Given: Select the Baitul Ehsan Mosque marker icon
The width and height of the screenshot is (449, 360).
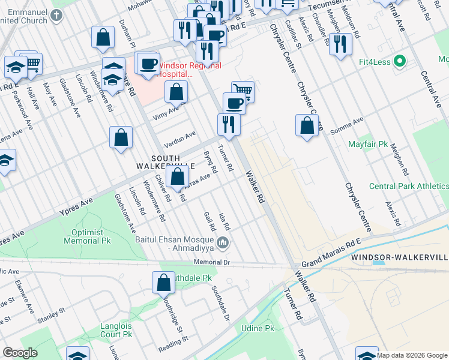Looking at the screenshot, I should (223, 243).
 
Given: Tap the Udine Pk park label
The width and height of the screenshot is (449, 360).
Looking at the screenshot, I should (257, 329).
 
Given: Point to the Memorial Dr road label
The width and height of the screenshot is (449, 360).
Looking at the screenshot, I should (212, 263).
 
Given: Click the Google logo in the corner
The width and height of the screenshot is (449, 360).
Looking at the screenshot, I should (20, 353).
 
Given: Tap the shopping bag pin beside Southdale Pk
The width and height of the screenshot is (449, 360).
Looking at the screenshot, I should (163, 282).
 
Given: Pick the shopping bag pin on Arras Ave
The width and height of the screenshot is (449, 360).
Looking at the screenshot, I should (177, 176).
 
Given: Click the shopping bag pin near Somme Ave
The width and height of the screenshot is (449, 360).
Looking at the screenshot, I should (307, 125).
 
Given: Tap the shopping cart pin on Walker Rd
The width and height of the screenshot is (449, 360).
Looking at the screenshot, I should (243, 91).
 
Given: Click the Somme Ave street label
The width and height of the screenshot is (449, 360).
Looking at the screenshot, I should (351, 122).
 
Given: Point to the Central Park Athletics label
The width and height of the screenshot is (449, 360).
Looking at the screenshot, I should (408, 187).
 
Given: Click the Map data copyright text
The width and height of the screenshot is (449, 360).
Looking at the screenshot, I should (412, 355).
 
